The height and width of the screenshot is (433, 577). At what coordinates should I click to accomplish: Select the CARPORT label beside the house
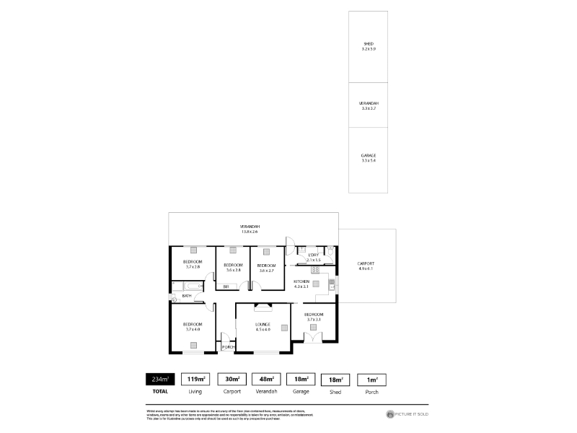tap(366, 266)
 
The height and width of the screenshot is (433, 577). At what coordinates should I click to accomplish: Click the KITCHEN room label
tap(301, 282)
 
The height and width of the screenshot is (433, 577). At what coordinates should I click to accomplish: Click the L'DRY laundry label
tap(313, 255)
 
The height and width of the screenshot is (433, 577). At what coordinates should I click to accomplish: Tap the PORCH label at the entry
tap(228, 347)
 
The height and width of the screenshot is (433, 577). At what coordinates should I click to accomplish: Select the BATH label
tap(187, 296)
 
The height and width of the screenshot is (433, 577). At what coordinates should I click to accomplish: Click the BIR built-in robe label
tap(226, 287)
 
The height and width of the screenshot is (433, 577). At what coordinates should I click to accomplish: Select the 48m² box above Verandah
tap(265, 379)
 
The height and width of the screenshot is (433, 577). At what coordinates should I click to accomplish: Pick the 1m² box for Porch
tap(372, 379)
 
